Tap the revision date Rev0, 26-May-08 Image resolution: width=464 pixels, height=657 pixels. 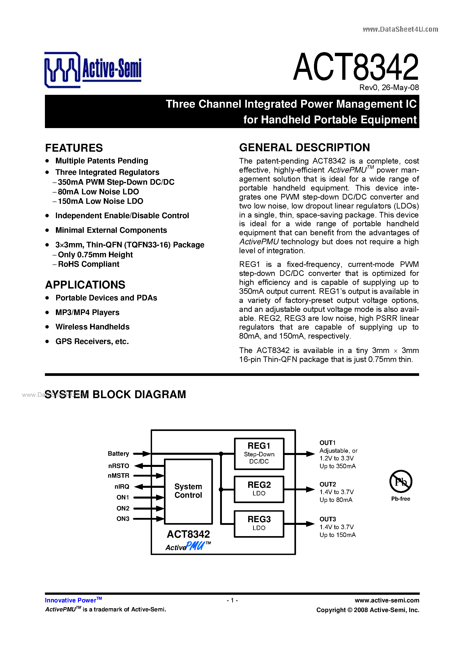tap(389, 88)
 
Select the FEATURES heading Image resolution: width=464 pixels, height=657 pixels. tap(74, 148)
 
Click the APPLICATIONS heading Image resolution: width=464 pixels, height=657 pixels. tap(85, 285)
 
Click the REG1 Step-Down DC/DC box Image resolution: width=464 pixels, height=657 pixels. tap(259, 454)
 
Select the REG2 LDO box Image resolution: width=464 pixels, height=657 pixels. tap(259, 489)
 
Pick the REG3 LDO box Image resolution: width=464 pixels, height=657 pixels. tap(259, 524)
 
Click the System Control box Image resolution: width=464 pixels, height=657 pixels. tap(188, 491)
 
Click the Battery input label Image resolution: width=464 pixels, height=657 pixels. tap(118, 454)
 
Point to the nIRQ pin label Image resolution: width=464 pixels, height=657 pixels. tap(122, 486)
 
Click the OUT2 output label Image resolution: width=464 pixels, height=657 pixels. tap(327, 484)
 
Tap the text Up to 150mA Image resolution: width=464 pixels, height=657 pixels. tap(337, 535)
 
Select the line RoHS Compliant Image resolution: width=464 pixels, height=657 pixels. tap(88, 264)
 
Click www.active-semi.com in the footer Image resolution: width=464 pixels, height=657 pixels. tap(387, 600)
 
